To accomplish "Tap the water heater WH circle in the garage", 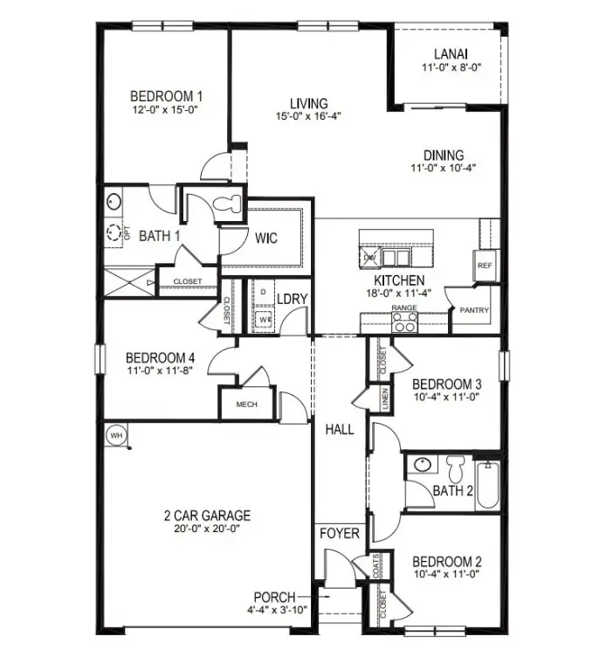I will [114, 433].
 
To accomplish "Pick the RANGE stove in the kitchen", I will [403, 322].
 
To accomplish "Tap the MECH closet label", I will [245, 405].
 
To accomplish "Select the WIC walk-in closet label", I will [266, 238].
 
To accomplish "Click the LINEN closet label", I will [384, 398].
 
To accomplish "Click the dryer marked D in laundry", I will [262, 291].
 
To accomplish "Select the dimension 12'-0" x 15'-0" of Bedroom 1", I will [166, 111].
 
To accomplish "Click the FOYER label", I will [339, 533].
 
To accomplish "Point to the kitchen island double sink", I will [395, 257].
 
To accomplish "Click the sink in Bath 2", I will [422, 464].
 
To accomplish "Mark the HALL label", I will [340, 430].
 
